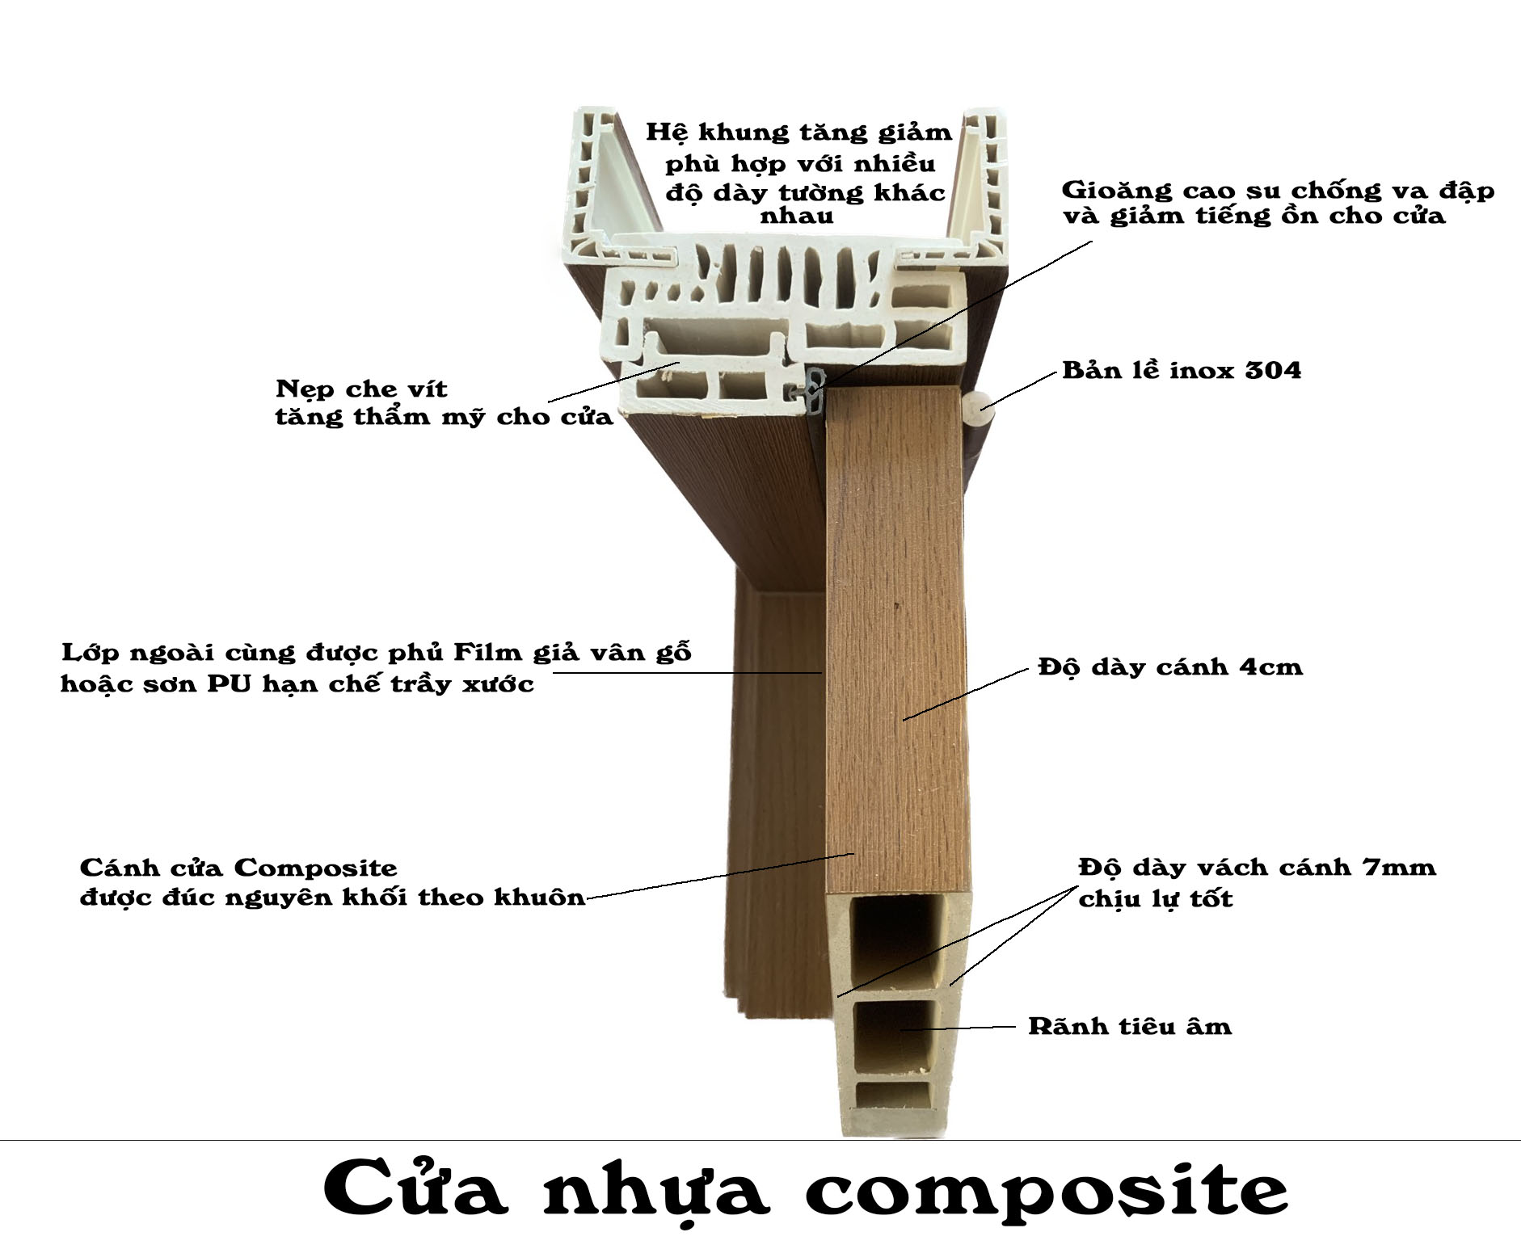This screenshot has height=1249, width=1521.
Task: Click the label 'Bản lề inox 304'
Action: coord(1182,371)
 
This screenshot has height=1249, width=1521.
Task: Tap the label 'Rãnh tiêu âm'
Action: coord(1130,1026)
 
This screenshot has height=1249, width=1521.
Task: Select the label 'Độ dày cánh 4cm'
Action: coord(1170,667)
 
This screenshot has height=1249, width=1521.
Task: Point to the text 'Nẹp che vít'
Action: coord(361,389)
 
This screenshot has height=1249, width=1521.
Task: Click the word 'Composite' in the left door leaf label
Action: coord(316,869)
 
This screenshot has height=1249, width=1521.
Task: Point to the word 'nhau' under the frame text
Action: coord(797,217)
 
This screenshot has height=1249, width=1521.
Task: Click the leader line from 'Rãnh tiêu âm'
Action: coord(959,1028)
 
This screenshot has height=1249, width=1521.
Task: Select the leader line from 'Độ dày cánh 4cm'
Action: coord(965,694)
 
